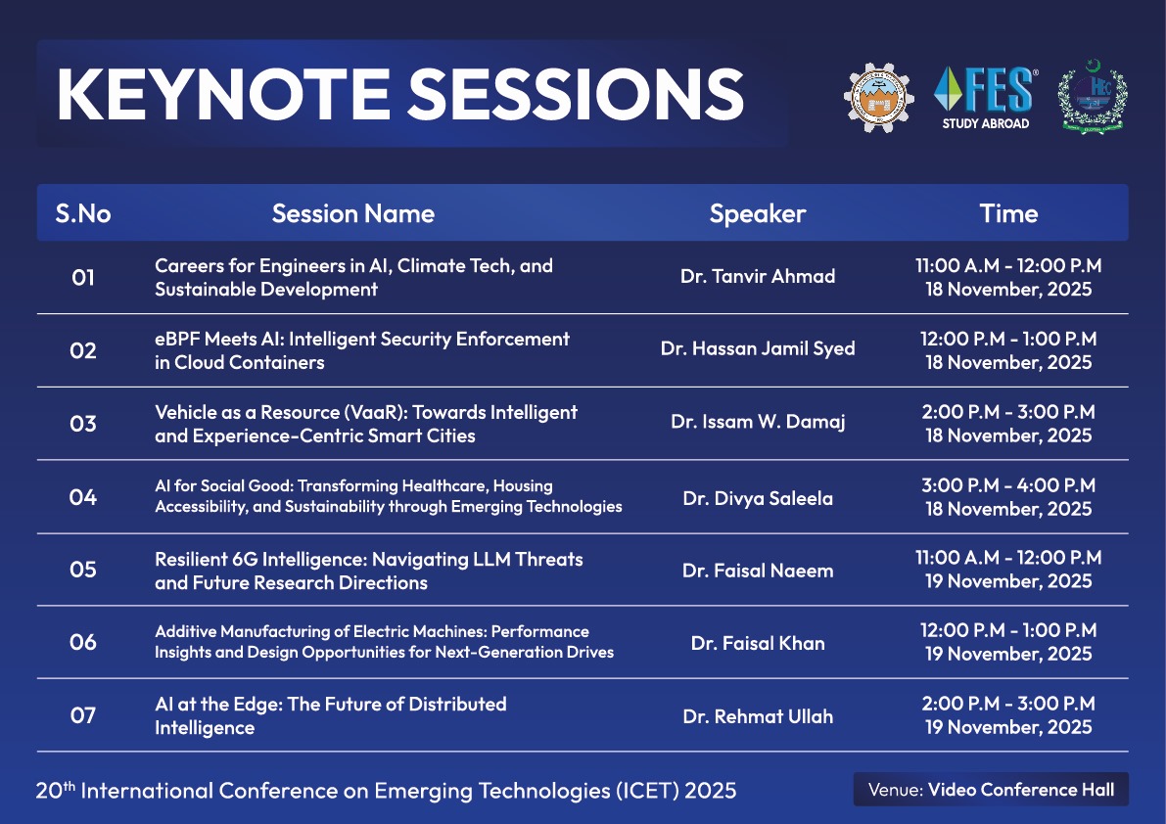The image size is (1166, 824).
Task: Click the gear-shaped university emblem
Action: click(883, 98)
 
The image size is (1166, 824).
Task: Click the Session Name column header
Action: click(352, 213)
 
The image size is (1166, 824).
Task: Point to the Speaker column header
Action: click(758, 213)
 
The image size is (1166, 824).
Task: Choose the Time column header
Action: click(1008, 213)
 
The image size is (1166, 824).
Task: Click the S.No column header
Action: click(83, 213)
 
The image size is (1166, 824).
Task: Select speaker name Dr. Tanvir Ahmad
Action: click(758, 277)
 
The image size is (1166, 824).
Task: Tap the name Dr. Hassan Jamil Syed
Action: click(758, 349)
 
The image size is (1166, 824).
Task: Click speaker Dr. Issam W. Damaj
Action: click(758, 423)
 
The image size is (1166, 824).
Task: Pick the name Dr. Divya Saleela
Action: click(758, 498)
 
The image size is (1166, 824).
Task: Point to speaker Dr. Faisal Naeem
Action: click(758, 571)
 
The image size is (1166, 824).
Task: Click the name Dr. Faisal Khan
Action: click(758, 643)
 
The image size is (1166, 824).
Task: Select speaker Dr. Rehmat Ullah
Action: click(758, 716)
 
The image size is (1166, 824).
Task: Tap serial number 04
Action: click(83, 497)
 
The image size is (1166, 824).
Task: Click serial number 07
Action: click(83, 715)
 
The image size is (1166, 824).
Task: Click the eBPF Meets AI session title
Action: click(361, 350)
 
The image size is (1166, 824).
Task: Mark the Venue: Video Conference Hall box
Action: click(991, 789)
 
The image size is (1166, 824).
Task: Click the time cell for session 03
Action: click(1008, 424)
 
